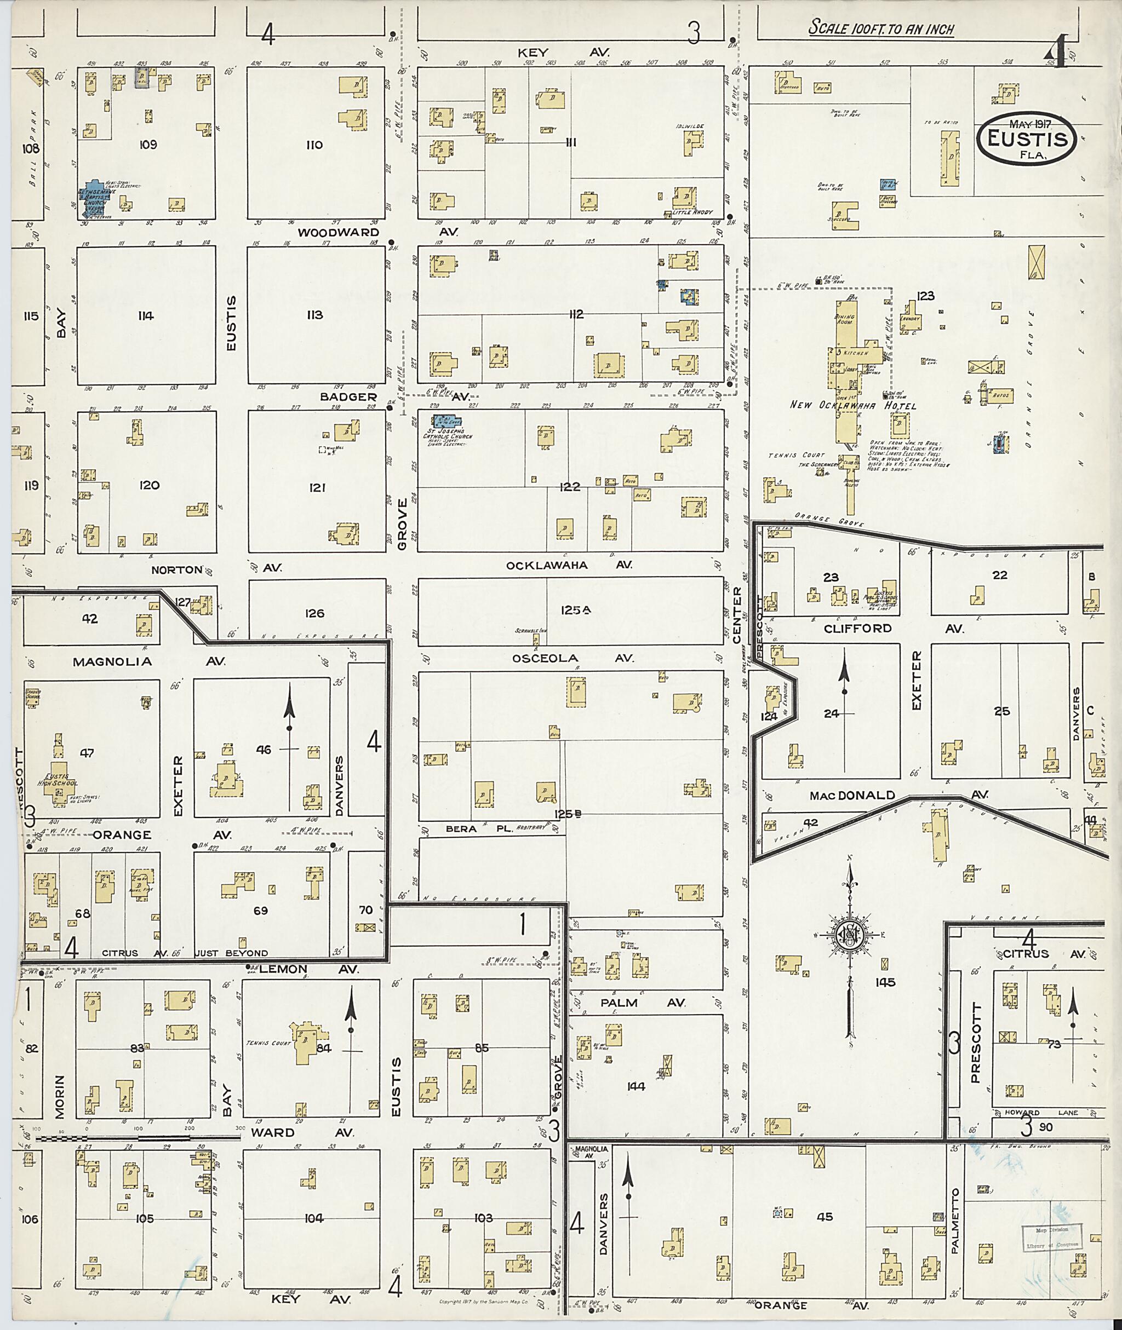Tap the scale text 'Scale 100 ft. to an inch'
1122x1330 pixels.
881,28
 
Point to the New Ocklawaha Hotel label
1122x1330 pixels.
853,405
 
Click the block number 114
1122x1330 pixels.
146,316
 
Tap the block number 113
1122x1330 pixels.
315,315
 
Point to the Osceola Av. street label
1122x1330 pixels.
573,659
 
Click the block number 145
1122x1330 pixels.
885,982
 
